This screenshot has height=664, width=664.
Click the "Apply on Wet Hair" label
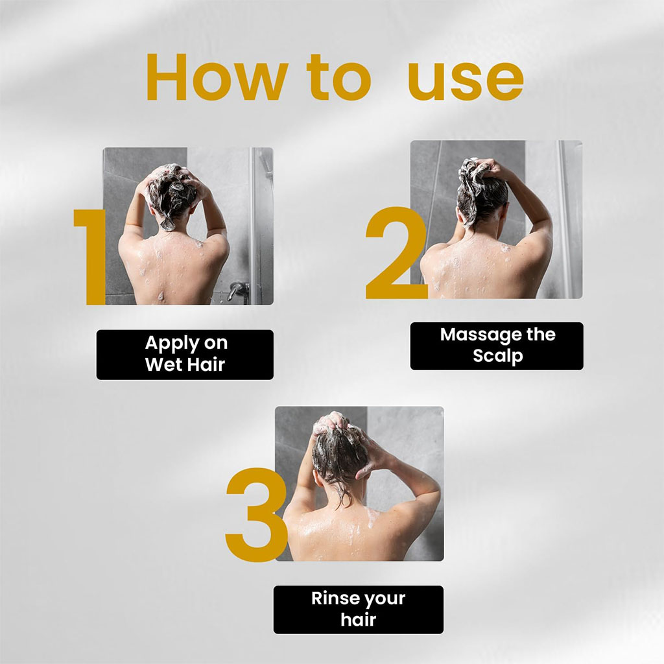pyautogui.click(x=185, y=354)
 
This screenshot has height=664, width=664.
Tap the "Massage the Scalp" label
pyautogui.click(x=497, y=346)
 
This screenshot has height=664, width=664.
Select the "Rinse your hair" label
pyautogui.click(x=358, y=609)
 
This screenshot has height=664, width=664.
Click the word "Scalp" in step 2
pyautogui.click(x=497, y=356)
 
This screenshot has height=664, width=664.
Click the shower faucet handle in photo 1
pyautogui.click(x=238, y=288)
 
